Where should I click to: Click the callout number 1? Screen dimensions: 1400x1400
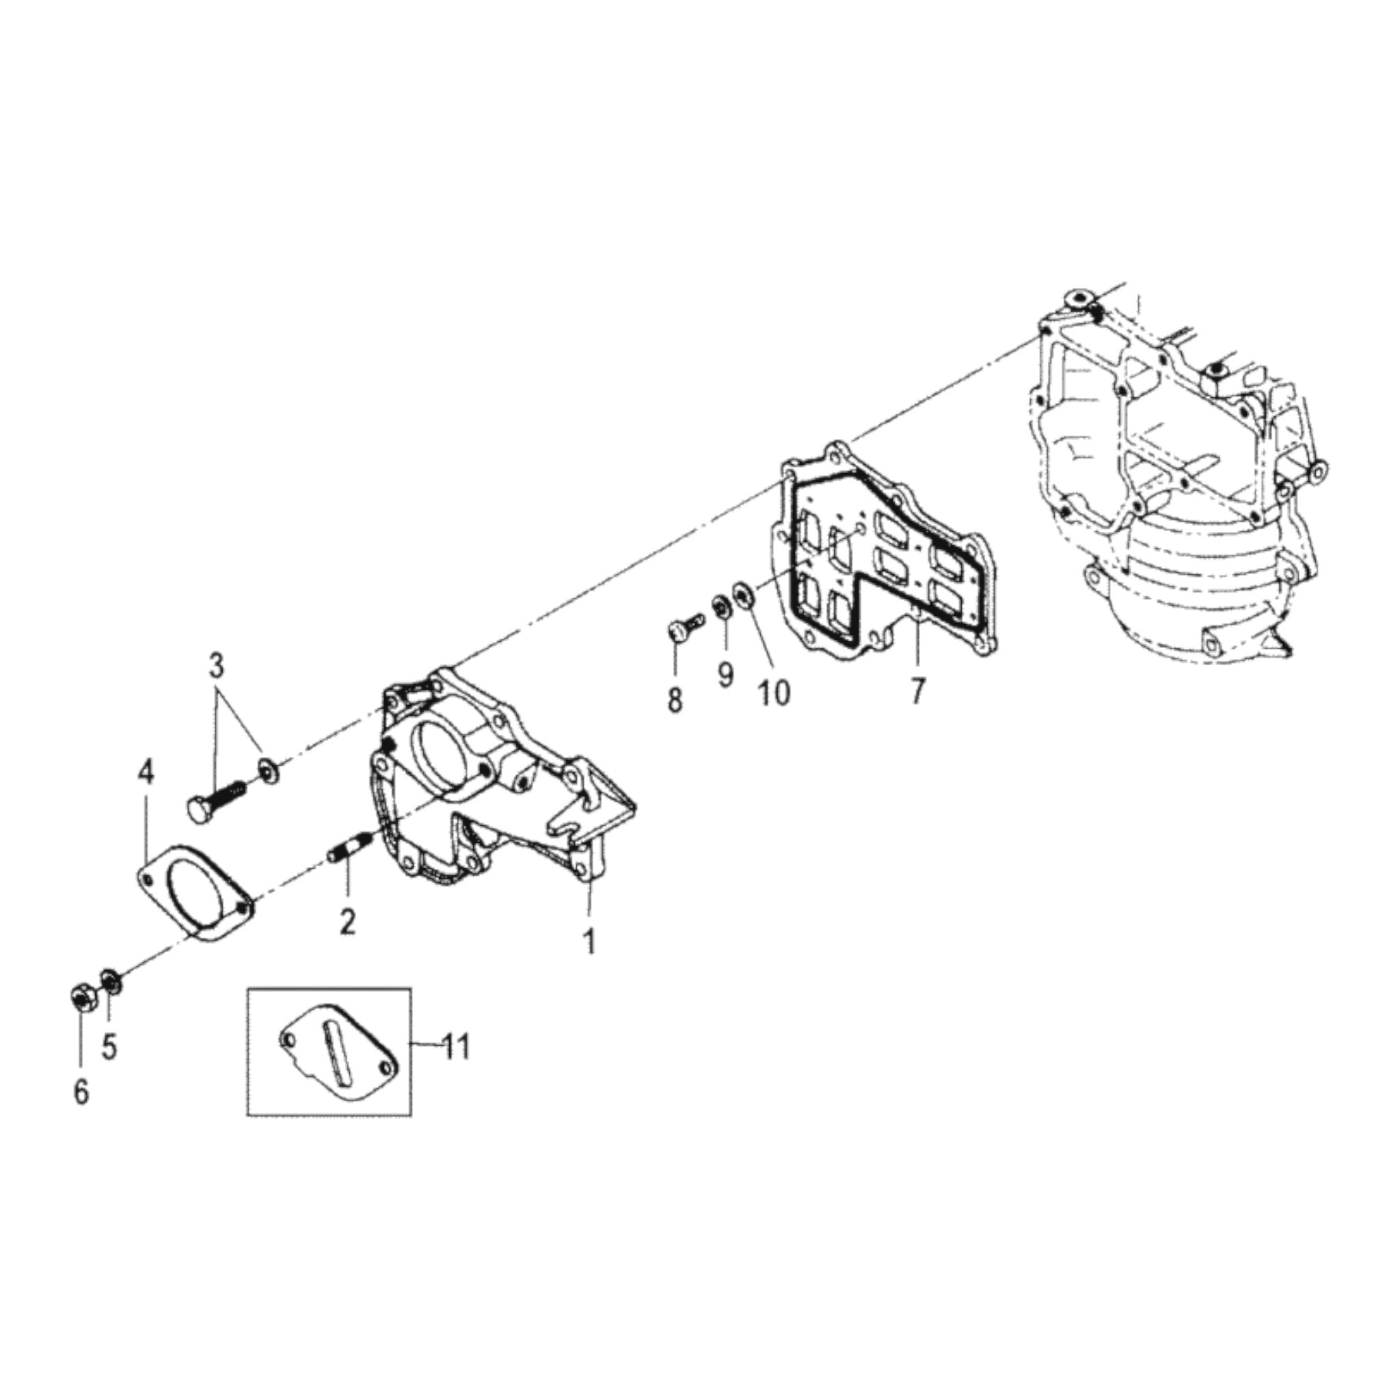[591, 942]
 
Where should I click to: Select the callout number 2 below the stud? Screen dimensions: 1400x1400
[348, 922]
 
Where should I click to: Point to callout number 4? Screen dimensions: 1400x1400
[146, 773]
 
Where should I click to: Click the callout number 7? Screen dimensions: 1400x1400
[917, 691]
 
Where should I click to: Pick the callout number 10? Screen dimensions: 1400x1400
[773, 692]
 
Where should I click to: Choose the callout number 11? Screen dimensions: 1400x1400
[457, 1047]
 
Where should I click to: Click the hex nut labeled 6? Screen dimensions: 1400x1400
[81, 999]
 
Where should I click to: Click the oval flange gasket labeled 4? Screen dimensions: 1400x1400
[194, 894]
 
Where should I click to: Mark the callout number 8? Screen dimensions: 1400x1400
[674, 701]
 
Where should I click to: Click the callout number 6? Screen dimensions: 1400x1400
[81, 1091]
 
